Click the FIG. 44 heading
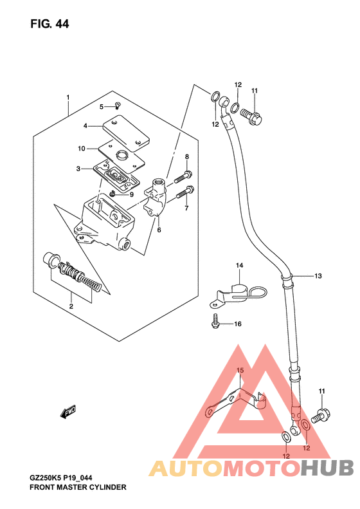(x=50, y=24)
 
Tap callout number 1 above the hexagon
(x=68, y=97)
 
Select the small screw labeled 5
(x=118, y=105)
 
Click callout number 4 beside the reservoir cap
(x=85, y=125)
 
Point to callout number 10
(x=82, y=149)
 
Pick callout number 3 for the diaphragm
(x=78, y=169)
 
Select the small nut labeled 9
(x=113, y=194)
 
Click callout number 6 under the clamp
(x=159, y=230)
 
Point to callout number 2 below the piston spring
(x=71, y=306)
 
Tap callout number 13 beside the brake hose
(x=318, y=276)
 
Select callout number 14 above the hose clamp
(x=239, y=266)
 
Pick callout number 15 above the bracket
(x=240, y=371)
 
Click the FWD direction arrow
(x=68, y=411)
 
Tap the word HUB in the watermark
(x=327, y=468)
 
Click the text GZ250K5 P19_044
(x=61, y=478)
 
